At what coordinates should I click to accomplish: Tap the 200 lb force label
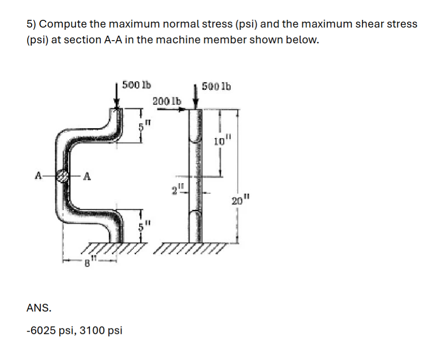tap(167, 100)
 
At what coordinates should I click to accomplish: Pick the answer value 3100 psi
tap(101, 330)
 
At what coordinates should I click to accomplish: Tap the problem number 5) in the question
tap(33, 24)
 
